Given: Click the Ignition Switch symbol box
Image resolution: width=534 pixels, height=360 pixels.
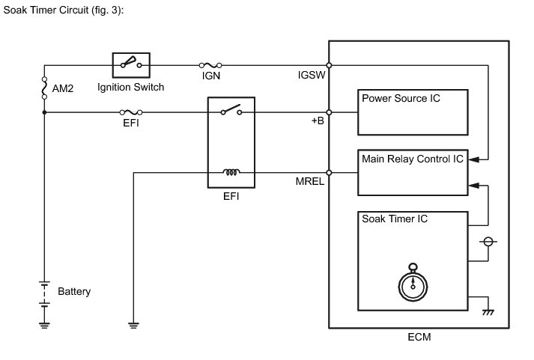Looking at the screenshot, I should click(x=131, y=65).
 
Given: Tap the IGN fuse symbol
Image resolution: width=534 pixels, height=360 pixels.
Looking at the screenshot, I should click(x=210, y=65).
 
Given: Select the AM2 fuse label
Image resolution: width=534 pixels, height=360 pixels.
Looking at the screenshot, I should click(x=62, y=88).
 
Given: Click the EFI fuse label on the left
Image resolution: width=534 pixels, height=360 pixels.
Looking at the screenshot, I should click(x=130, y=123).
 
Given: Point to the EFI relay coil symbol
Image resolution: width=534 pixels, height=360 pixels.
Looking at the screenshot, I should click(x=231, y=172).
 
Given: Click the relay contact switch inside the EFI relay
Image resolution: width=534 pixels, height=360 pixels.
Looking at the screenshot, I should click(x=231, y=112).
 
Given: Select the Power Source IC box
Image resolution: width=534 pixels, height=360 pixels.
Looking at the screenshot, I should click(x=412, y=112).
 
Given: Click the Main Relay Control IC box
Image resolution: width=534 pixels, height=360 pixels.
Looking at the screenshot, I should click(x=412, y=172).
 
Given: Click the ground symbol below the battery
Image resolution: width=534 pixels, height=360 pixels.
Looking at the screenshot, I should click(x=44, y=324).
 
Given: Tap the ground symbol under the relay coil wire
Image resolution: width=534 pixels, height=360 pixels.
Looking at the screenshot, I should click(x=133, y=324).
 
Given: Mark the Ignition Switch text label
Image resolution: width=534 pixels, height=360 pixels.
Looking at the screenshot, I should click(x=131, y=88).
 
